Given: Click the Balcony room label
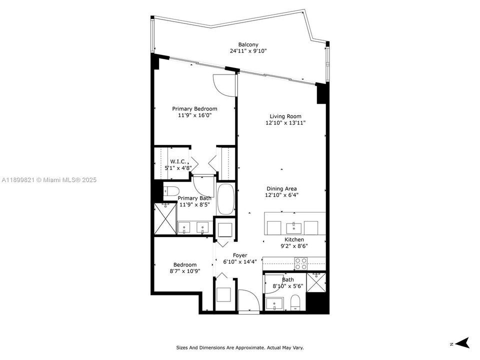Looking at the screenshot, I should coord(248,44).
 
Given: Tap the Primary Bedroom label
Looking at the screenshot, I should coord(194,108).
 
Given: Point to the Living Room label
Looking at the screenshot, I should coord(285,116).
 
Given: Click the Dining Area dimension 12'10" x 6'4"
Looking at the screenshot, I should coord(282,195).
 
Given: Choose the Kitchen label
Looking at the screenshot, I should coord(294,239).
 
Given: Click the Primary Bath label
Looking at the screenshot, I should coord(195,198).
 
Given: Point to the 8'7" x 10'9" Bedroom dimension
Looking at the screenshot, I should coord(185,271).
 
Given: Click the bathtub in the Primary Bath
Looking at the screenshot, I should coord(226,199).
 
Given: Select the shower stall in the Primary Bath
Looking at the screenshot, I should coord(165,219).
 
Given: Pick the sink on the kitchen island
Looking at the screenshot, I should coord(293,228).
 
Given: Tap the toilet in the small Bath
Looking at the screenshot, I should coord(294,301).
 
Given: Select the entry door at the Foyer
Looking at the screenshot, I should coord(248,301).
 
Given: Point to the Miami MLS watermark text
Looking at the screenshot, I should coord(48,180).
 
